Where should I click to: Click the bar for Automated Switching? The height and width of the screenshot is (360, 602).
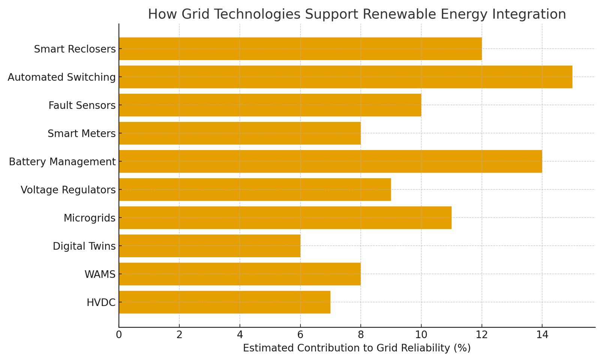(x=345, y=77)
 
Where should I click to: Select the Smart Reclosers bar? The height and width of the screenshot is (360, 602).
(x=300, y=49)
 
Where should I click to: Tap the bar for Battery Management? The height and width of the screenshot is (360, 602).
(x=330, y=161)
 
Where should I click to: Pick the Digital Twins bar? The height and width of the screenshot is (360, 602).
(x=209, y=246)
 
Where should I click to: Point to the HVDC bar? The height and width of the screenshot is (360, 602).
(x=224, y=302)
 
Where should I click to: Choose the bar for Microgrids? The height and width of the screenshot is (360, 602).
(x=285, y=217)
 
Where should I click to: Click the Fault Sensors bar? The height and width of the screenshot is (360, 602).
(x=270, y=105)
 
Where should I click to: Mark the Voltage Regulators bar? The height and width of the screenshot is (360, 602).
(x=255, y=189)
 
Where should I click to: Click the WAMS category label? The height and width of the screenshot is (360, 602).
(x=100, y=274)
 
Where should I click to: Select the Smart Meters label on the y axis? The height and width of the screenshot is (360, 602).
(x=81, y=133)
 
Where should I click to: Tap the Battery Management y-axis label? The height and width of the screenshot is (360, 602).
(x=62, y=162)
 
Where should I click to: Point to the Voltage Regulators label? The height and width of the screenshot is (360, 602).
(x=68, y=190)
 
